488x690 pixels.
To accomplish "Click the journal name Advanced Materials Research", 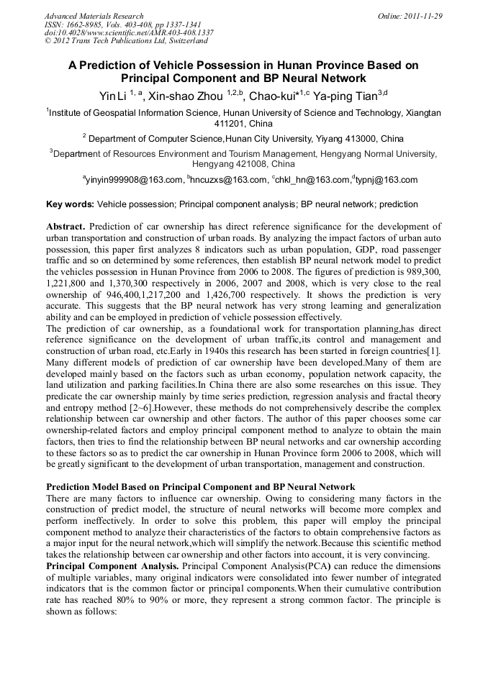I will tap(94, 16).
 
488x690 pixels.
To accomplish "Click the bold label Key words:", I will tap(70, 204).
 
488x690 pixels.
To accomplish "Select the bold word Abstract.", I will tap(67, 226).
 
